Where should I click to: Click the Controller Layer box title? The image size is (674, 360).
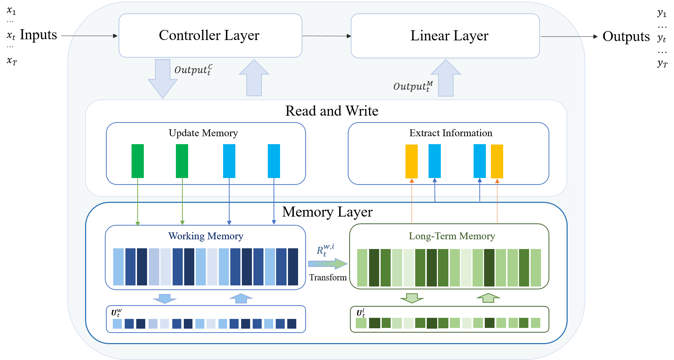pyautogui.click(x=209, y=35)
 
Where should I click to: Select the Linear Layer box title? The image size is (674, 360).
pyautogui.click(x=449, y=36)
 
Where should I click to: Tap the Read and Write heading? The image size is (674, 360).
pyautogui.click(x=332, y=111)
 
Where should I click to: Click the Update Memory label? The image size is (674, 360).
pyautogui.click(x=203, y=133)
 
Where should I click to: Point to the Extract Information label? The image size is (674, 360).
pyautogui.click(x=451, y=133)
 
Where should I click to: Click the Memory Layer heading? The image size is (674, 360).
pyautogui.click(x=327, y=212)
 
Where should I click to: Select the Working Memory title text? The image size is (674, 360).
pyautogui.click(x=205, y=236)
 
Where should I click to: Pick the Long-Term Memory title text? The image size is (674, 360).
pyautogui.click(x=452, y=236)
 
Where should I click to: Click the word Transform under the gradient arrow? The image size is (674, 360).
pyautogui.click(x=328, y=277)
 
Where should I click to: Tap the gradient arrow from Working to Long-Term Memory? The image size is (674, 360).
pyautogui.click(x=327, y=264)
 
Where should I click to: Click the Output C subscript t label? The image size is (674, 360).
pyautogui.click(x=193, y=70)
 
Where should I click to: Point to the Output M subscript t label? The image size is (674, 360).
pyautogui.click(x=413, y=86)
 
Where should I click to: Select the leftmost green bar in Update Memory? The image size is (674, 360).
pyautogui.click(x=138, y=161)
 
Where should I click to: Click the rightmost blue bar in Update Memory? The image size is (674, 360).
pyautogui.click(x=274, y=161)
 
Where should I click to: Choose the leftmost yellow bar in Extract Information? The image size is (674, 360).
pyautogui.click(x=411, y=161)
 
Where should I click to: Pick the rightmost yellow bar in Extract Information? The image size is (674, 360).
pyautogui.click(x=497, y=161)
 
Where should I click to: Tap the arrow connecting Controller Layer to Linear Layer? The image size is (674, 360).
pyautogui.click(x=326, y=36)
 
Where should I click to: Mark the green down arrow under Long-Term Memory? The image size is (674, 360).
pyautogui.click(x=412, y=298)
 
